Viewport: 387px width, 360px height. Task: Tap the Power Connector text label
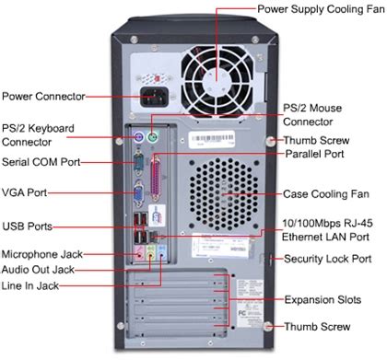(x=43, y=95)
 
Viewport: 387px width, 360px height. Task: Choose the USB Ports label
(x=27, y=226)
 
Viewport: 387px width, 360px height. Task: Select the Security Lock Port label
(x=329, y=259)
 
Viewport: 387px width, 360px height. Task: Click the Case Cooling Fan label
(x=327, y=194)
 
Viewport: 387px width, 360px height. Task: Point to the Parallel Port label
(x=315, y=155)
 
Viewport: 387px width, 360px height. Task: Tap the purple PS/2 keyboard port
(x=135, y=140)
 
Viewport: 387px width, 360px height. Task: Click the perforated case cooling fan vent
(x=225, y=194)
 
